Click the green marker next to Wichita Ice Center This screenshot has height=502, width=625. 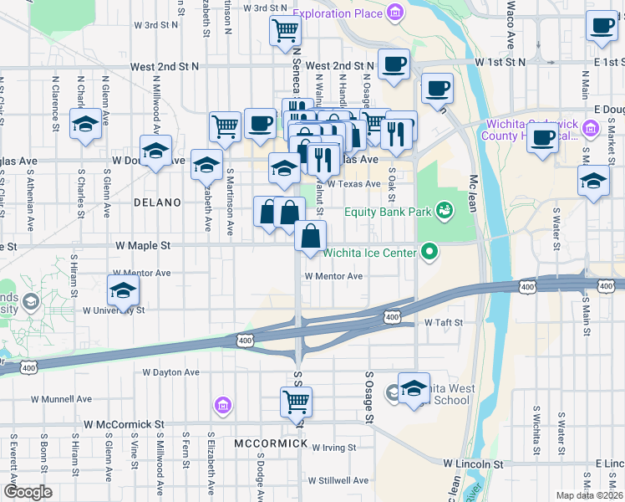click(x=430, y=251)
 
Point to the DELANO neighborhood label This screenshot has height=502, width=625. click(x=156, y=202)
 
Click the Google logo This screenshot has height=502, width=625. click(x=27, y=492)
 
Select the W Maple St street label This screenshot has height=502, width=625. click(x=143, y=246)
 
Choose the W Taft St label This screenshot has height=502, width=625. click(x=444, y=322)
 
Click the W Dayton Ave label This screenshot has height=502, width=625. click(x=171, y=372)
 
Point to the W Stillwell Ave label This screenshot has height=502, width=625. click(x=338, y=480)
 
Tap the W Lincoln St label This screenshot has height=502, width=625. click(x=473, y=463)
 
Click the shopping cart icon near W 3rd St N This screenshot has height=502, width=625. click(x=285, y=29)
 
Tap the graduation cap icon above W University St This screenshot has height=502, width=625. click(x=123, y=289)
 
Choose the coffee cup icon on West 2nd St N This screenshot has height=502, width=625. click(x=394, y=64)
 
